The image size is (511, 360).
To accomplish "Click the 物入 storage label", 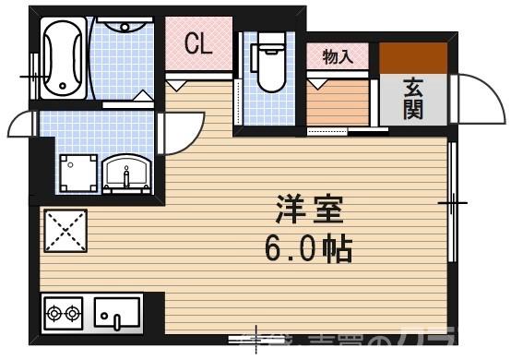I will tap(337, 56).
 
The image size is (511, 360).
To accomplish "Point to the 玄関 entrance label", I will tap(412, 97).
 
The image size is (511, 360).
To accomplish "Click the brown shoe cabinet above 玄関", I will tap(414, 58).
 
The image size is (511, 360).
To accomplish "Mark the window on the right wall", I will tap(451, 201).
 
